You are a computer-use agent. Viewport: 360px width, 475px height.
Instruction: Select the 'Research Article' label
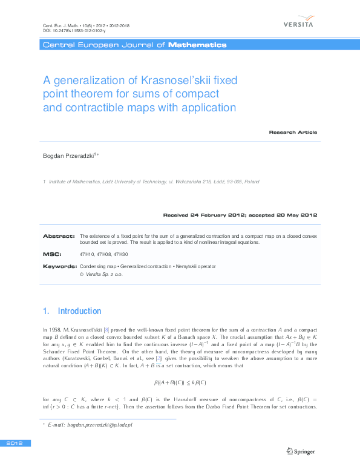tap(293, 132)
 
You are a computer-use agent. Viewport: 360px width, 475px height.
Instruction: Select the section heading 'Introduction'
tap(79, 311)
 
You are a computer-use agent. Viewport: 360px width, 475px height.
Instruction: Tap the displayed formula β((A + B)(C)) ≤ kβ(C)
tap(180, 383)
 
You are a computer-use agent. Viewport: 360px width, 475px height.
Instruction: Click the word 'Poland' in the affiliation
tap(252, 181)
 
